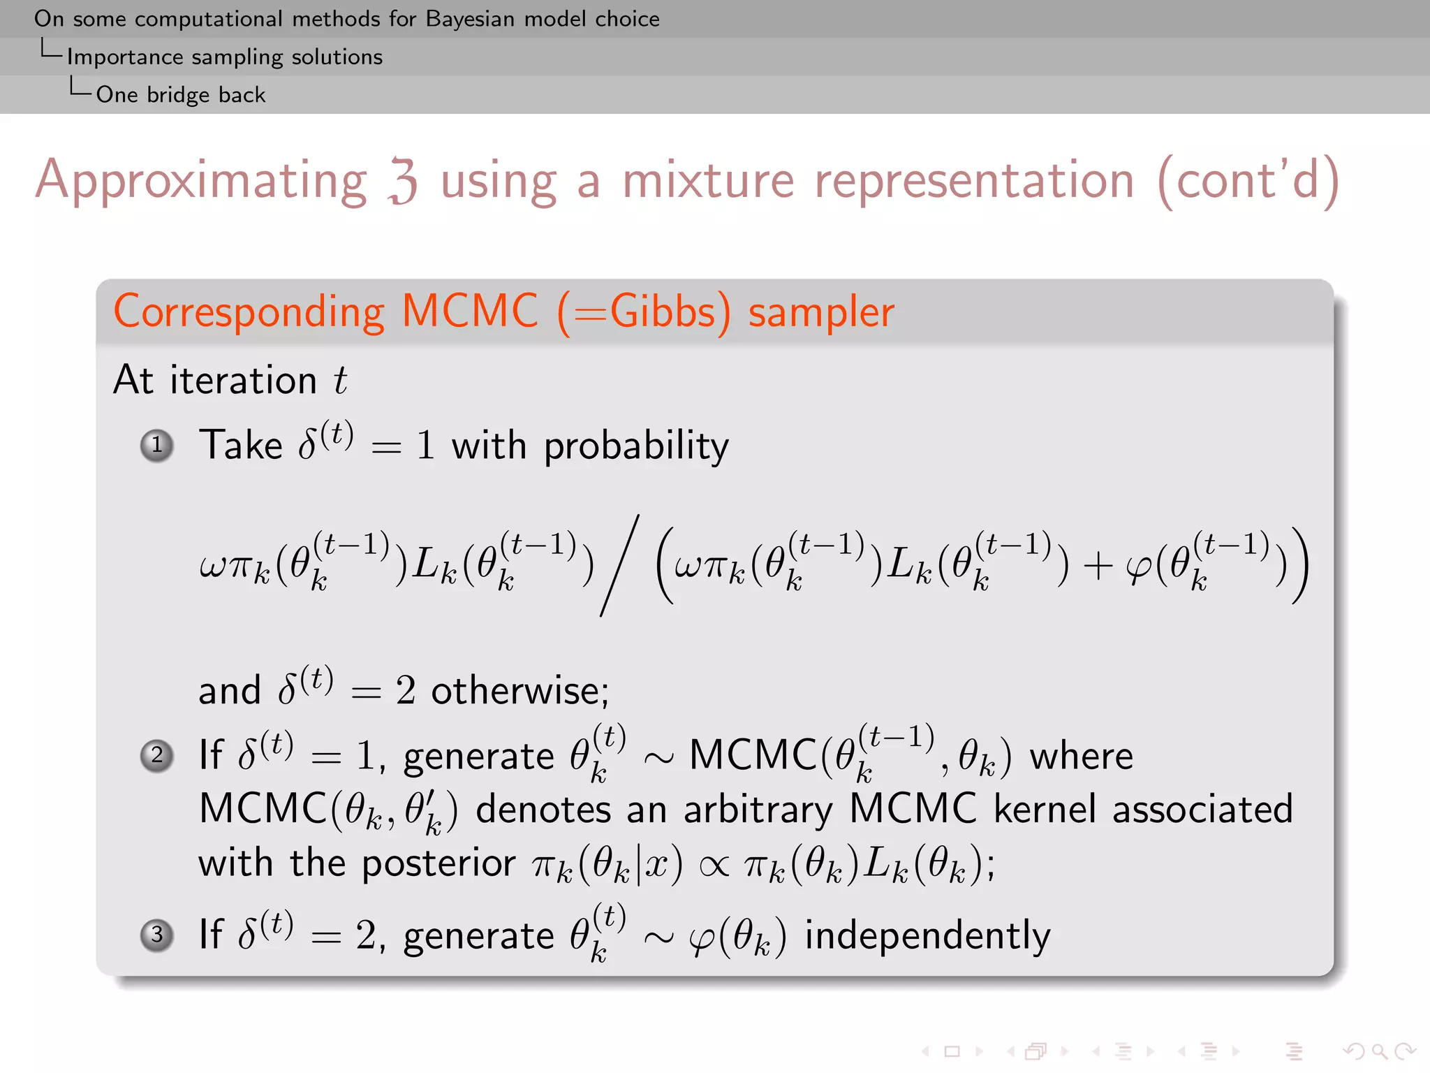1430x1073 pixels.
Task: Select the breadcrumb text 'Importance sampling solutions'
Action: pos(224,57)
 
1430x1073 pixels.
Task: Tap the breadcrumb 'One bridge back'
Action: pos(180,94)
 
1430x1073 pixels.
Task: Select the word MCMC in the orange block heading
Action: pos(470,312)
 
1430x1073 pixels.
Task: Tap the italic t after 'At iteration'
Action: pos(340,381)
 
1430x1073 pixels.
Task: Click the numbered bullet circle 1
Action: pos(157,445)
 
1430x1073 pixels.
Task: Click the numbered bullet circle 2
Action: pos(157,755)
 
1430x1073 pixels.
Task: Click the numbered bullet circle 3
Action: pos(157,935)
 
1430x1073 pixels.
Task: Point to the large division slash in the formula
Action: pos(620,565)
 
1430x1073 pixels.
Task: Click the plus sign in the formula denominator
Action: pos(1098,565)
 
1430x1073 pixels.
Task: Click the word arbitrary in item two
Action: pos(758,810)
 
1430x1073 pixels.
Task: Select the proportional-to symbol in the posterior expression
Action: pos(714,866)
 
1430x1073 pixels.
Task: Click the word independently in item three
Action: pos(927,936)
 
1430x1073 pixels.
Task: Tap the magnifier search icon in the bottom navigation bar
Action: pos(1378,1051)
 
